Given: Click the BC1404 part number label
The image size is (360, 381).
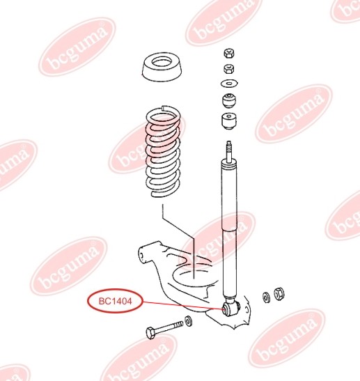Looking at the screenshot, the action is tap(115, 302).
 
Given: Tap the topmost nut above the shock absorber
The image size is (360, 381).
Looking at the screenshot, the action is tap(228, 54).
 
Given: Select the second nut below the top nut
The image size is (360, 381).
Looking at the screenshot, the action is tap(228, 69).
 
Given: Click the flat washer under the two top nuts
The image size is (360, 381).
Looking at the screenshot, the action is tap(229, 84).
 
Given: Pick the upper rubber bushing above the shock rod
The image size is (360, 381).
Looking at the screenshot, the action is tap(229, 100).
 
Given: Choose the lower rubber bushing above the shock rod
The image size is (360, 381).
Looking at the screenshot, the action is tap(229, 121).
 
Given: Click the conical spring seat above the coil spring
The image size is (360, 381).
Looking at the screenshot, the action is tap(162, 67).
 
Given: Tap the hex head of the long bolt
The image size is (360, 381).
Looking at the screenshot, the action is tap(150, 332).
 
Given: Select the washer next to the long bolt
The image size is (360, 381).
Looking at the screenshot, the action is tap(188, 320).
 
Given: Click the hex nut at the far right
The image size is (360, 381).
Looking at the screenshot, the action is tap(279, 294).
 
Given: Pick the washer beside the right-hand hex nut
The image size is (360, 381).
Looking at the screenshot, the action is tap(266, 297).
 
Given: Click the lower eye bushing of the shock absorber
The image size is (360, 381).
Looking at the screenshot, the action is tap(230, 309).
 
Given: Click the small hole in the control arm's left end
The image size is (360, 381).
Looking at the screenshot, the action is tap(142, 256).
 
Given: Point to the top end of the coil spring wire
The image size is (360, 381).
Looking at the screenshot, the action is tap(163, 107).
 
